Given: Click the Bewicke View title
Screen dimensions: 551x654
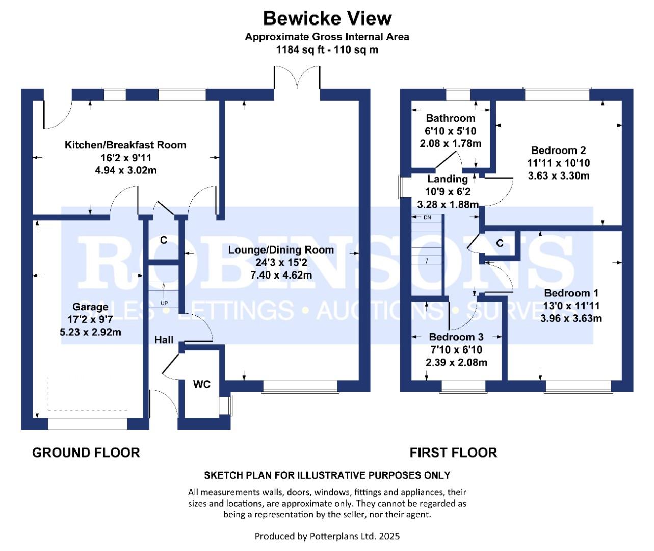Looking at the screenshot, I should (x=327, y=19).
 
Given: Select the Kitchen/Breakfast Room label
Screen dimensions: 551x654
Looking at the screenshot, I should (x=125, y=145).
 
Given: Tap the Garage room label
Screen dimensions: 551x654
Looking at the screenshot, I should (x=90, y=307).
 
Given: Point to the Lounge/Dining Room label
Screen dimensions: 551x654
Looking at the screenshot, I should (x=281, y=250).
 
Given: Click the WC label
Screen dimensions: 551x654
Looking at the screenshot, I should (x=202, y=384).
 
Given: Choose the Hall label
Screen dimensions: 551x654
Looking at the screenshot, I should (x=164, y=340).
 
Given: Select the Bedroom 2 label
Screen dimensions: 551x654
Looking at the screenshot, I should (x=558, y=151).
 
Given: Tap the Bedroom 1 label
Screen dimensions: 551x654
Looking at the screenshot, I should (x=571, y=293).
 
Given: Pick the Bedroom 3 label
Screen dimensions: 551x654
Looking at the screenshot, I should (x=456, y=337).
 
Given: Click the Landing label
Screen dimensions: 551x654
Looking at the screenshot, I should (x=448, y=179).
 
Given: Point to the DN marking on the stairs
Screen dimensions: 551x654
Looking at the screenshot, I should (x=427, y=218).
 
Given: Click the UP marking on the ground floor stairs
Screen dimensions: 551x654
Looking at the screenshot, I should (x=164, y=303).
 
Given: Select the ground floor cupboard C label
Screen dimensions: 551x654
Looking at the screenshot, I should (x=164, y=240).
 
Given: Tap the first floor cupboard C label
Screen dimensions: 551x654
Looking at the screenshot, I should (x=500, y=243).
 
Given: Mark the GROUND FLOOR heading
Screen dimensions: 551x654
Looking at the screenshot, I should (x=86, y=453).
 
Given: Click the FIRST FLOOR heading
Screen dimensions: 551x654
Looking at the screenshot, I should (x=453, y=453).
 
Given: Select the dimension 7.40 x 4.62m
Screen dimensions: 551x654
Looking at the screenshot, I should (x=281, y=275).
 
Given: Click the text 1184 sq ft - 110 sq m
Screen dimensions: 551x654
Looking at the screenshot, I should (x=327, y=50).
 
